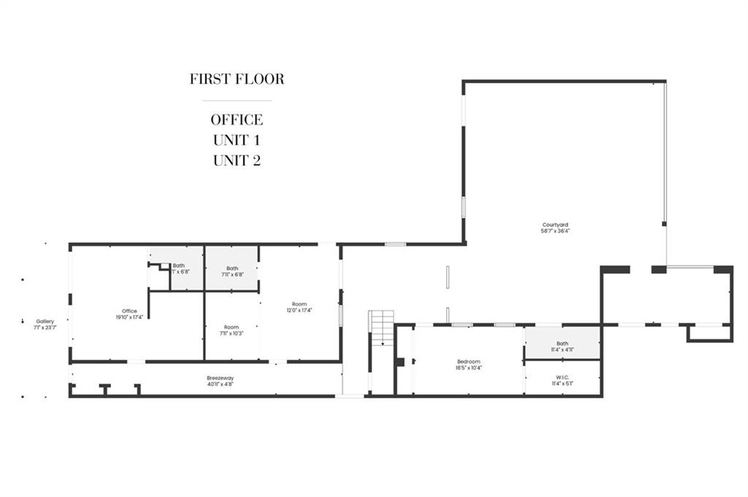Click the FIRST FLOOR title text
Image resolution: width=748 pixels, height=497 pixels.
(237, 79)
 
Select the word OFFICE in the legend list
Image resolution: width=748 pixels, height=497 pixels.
(237, 120)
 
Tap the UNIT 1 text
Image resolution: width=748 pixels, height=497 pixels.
(237, 140)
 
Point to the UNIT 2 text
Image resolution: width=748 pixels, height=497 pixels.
(237, 161)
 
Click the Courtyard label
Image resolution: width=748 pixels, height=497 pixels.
(555, 225)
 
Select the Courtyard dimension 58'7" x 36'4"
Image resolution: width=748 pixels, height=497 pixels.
(555, 231)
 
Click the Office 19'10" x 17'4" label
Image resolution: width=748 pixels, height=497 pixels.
(129, 312)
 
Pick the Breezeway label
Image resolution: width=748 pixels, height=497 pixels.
(220, 378)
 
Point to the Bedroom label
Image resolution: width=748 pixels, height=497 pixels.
(468, 361)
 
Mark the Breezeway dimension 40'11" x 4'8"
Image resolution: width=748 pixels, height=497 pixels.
(220, 384)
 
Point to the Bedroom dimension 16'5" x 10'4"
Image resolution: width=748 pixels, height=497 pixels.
(468, 367)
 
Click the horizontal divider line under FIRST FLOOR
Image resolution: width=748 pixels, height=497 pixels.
(237, 100)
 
